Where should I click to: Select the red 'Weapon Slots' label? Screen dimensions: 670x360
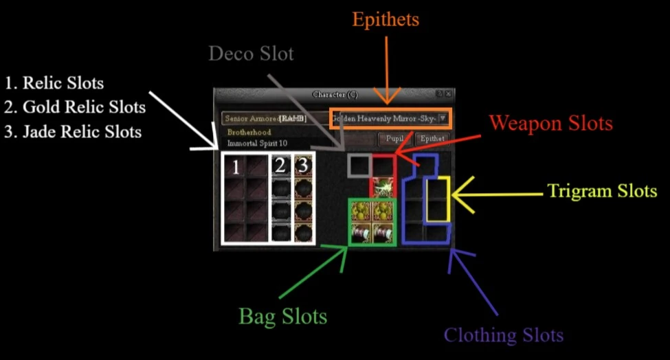[x=550, y=124]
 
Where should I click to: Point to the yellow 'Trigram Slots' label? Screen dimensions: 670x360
[x=602, y=191]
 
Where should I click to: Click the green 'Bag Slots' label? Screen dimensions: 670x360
[x=282, y=317]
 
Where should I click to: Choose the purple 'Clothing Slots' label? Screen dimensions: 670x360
[x=504, y=335]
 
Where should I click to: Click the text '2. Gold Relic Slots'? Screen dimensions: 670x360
[x=74, y=107]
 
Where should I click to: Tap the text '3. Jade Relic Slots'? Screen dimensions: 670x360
[x=72, y=131]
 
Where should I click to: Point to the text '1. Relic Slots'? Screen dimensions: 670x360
[x=54, y=84]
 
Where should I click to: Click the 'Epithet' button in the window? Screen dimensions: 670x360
[x=432, y=139]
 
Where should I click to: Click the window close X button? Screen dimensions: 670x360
[x=448, y=93]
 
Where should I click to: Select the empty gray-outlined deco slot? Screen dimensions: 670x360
[x=359, y=166]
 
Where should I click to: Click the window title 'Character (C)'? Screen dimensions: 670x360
[x=335, y=94]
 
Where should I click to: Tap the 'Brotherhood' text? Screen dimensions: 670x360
[x=249, y=132]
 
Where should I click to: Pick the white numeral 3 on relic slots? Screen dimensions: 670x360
[x=302, y=166]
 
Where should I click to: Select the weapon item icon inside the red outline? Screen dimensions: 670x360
[x=382, y=188]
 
